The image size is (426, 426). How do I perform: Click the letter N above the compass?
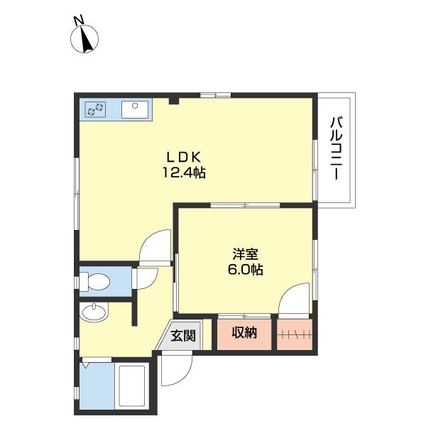click(78, 21)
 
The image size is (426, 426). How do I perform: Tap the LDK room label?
click(184, 157)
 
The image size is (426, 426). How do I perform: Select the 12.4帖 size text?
click(184, 173)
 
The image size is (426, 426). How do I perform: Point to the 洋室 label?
click(245, 254)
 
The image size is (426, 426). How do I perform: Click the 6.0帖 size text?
click(245, 270)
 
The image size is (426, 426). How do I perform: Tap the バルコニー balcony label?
click(337, 148)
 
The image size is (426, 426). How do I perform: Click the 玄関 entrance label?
click(183, 336)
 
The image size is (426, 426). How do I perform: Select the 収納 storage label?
click(244, 332)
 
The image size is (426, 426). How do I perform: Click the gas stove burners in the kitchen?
click(95, 109)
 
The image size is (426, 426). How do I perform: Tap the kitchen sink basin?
click(135, 109)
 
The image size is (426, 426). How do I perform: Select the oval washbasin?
click(94, 312)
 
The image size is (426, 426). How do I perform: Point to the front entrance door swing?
click(177, 368)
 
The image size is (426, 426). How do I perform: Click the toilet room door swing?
click(145, 278)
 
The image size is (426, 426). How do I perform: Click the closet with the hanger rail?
click(295, 334)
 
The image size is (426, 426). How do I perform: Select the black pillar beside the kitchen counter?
click(174, 102)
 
